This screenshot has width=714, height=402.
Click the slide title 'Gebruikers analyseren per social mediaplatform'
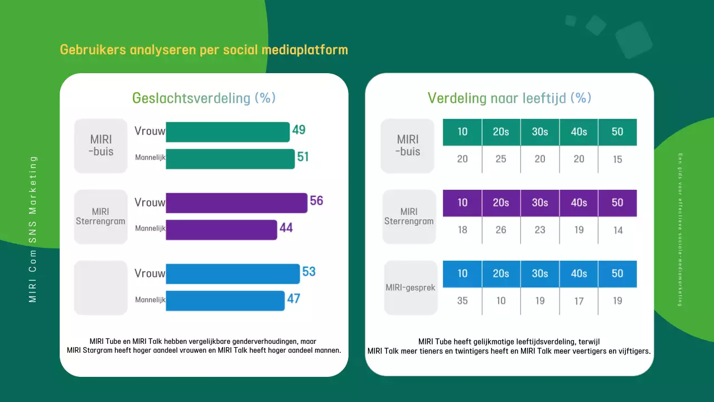click(x=204, y=50)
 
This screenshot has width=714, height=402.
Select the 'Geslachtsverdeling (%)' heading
click(x=204, y=98)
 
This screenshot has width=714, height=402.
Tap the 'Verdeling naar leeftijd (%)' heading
click(x=509, y=98)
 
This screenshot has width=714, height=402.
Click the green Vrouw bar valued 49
click(x=228, y=132)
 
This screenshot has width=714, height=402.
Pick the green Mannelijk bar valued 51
click(x=230, y=159)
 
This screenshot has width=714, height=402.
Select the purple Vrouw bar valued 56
click(x=237, y=203)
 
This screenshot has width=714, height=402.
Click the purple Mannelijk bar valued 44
click(x=221, y=229)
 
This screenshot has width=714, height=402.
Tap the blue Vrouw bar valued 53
click(x=233, y=274)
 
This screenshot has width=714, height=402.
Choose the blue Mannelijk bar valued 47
click(x=225, y=300)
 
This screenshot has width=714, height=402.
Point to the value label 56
click(x=316, y=201)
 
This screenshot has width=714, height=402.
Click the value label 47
click(x=294, y=299)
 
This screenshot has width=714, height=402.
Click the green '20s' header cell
click(x=501, y=132)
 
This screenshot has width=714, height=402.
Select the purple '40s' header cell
click(x=578, y=203)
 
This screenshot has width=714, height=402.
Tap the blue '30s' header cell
click(x=540, y=274)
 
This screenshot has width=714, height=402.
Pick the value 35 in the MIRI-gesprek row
click(x=462, y=301)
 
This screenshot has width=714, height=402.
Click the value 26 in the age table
click(x=501, y=230)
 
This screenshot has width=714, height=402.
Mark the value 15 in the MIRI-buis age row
click(x=617, y=159)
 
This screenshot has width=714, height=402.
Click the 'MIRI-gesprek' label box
click(x=411, y=288)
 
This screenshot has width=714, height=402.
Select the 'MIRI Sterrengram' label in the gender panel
click(x=101, y=217)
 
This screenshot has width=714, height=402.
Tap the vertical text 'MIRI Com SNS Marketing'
click(x=33, y=229)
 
